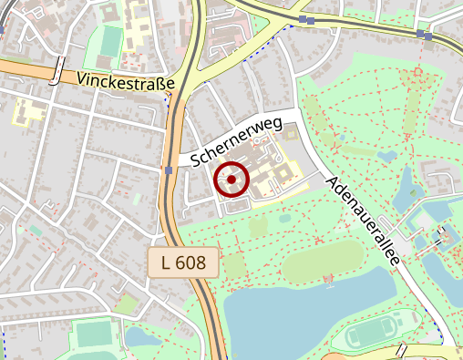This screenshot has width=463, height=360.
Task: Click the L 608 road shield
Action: tap(184, 262)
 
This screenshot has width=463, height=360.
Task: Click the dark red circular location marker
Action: tap(231, 180)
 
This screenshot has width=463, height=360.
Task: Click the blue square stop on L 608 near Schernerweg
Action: tap(170, 170)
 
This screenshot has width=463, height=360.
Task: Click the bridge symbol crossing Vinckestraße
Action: tap(58, 72)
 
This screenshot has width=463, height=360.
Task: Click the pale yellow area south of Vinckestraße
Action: tap(29, 113)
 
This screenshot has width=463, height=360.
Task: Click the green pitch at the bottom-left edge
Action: tap(92, 334)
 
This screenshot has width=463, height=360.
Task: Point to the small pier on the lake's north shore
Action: tap(328, 279)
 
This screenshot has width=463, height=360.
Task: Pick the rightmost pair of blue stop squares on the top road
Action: tap(425, 35)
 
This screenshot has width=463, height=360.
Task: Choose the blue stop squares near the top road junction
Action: tap(306, 19)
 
